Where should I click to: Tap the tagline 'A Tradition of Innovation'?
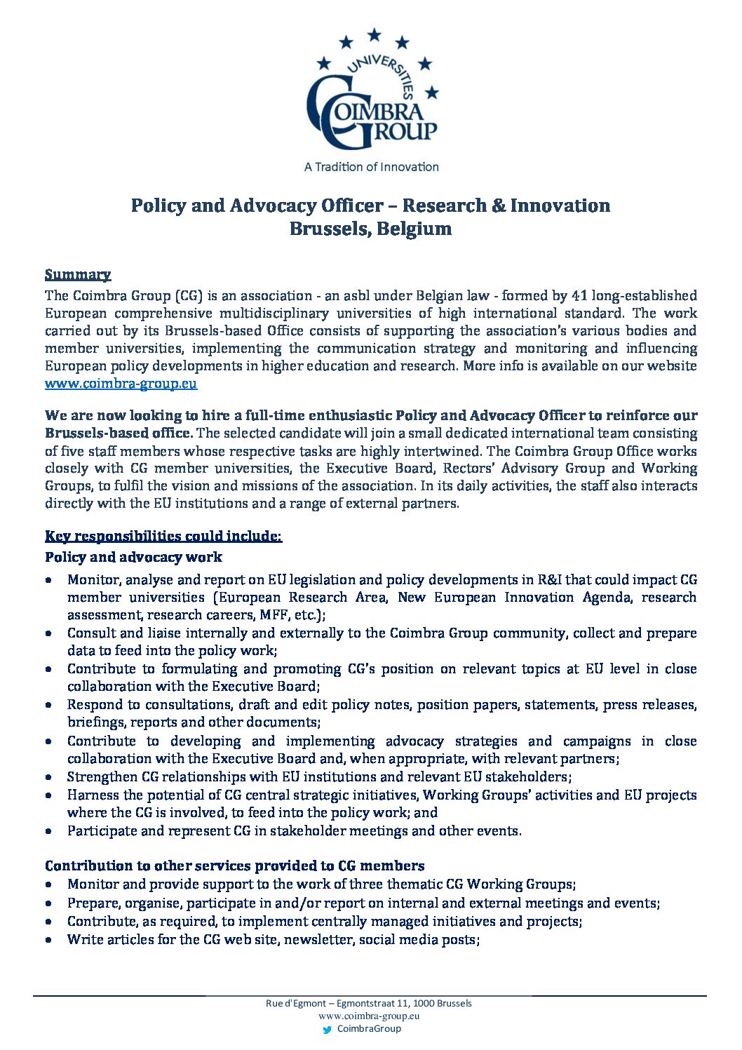(x=371, y=167)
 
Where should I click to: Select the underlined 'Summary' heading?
(x=78, y=274)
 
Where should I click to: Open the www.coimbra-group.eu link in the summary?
(x=121, y=384)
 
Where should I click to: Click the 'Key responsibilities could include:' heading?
(x=163, y=537)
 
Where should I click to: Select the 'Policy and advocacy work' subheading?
(x=133, y=558)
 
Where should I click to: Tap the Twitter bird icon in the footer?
(x=327, y=1030)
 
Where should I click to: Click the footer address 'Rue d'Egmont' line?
(x=369, y=1003)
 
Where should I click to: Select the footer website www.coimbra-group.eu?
(x=369, y=1016)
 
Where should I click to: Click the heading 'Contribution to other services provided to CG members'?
(x=234, y=866)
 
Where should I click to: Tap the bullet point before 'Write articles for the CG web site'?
(x=48, y=940)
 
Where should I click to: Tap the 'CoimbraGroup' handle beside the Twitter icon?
(x=369, y=1029)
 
